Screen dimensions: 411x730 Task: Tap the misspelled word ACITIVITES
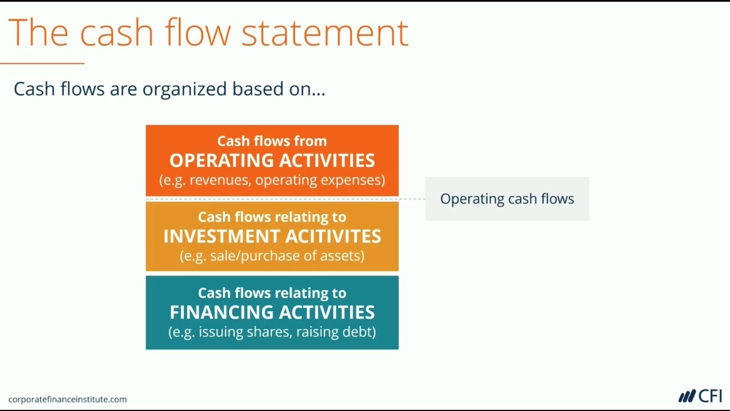pyautogui.click(x=333, y=236)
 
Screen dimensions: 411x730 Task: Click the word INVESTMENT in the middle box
pyautogui.click(x=221, y=236)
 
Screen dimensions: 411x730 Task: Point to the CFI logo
pyautogui.click(x=700, y=396)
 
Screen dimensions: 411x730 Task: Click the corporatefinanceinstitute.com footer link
pyautogui.click(x=67, y=400)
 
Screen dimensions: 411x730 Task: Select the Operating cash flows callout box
pyautogui.click(x=507, y=199)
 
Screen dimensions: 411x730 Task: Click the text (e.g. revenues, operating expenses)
pyautogui.click(x=272, y=180)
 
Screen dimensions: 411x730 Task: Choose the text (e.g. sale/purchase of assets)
pyautogui.click(x=272, y=256)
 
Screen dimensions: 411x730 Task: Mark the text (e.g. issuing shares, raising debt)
pyautogui.click(x=272, y=332)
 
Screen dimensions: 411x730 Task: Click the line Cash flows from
pyautogui.click(x=272, y=141)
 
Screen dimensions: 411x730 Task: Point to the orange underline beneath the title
pyautogui.click(x=42, y=63)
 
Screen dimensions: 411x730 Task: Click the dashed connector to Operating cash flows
pyautogui.click(x=412, y=199)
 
